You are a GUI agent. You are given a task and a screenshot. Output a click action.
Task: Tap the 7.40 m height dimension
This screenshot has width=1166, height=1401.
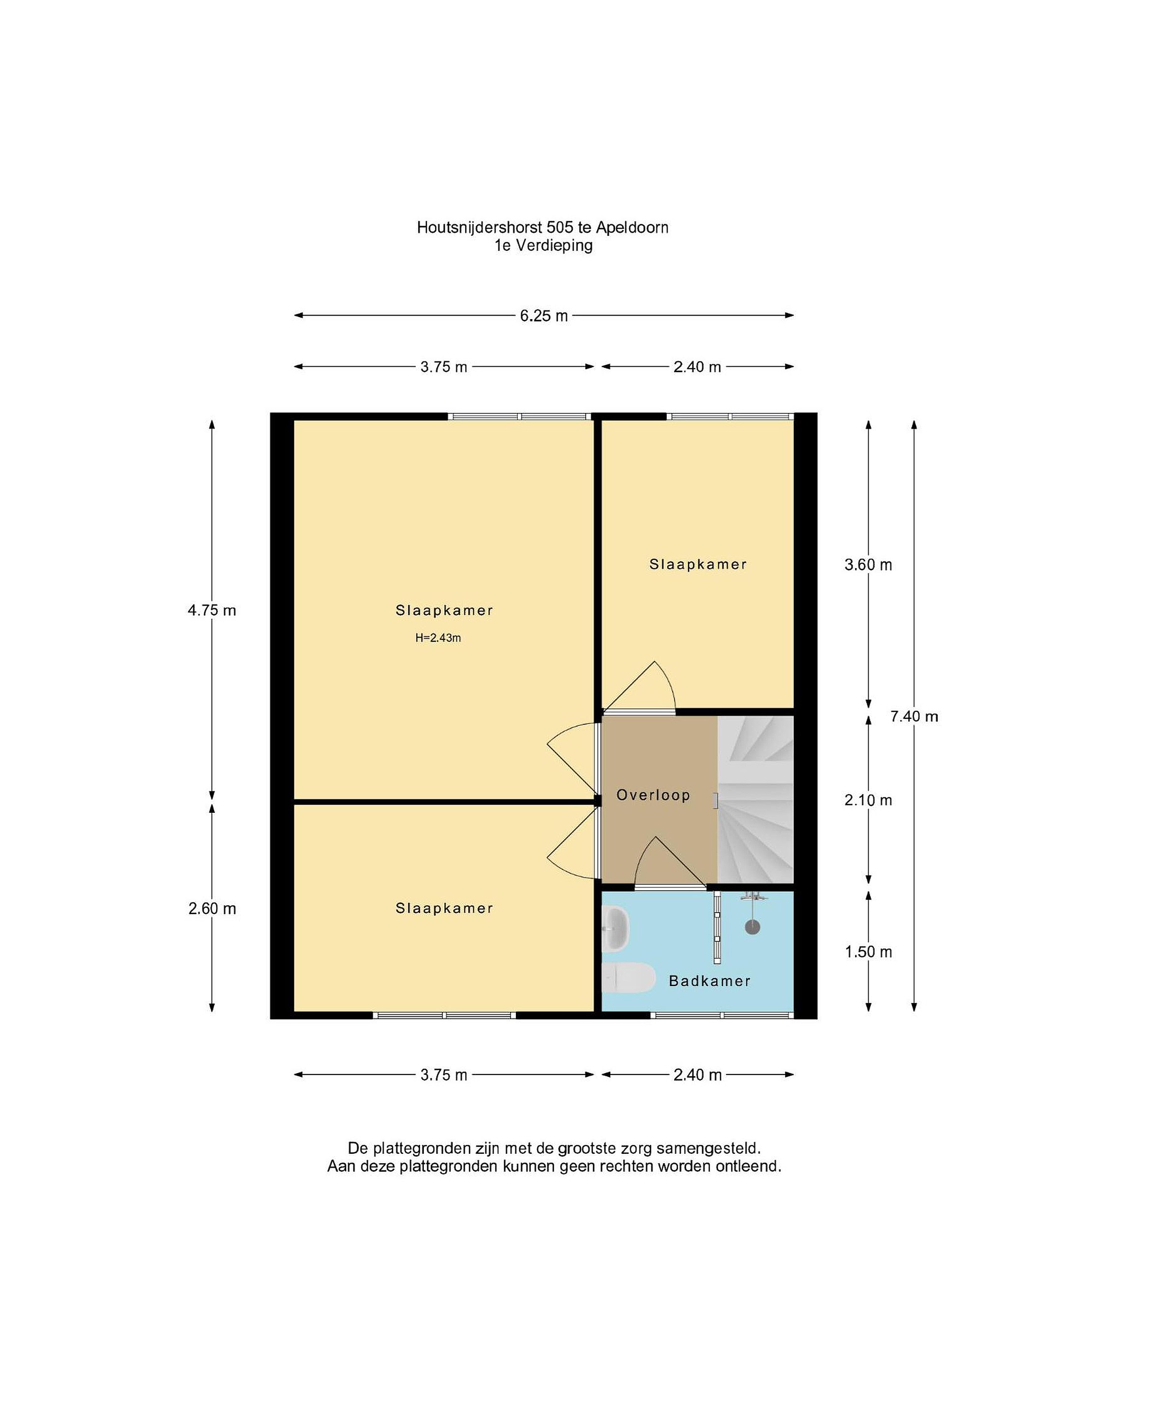914,716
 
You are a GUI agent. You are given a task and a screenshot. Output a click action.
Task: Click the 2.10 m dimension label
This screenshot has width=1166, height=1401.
868,800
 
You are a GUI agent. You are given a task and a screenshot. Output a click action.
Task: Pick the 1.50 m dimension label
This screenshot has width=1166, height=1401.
868,952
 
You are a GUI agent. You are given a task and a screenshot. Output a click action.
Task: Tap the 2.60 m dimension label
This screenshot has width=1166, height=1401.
212,909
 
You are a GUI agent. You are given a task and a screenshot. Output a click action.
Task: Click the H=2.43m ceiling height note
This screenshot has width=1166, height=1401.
438,638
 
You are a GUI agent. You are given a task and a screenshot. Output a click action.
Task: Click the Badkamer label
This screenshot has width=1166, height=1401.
710,981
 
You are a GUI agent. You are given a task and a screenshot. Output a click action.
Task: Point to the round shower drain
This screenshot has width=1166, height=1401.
752,927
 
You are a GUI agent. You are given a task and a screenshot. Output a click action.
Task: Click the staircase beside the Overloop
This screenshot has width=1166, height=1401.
755,800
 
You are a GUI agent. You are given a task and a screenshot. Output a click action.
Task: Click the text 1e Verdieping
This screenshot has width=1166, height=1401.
543,246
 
